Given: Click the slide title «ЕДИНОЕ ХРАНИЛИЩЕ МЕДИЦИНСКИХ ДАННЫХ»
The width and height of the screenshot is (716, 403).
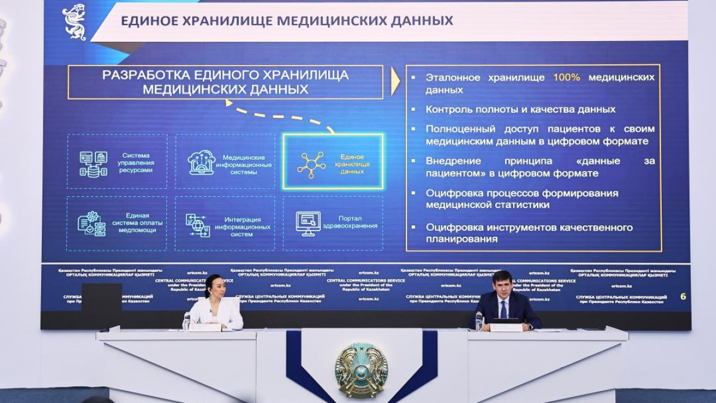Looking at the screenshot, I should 286,21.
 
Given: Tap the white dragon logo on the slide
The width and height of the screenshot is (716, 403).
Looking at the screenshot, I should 74,21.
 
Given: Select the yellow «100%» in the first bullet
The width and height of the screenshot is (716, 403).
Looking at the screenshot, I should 566,77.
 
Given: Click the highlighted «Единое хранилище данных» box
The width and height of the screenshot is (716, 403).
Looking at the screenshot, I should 332,162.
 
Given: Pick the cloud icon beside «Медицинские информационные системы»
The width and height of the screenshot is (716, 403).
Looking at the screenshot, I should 201,162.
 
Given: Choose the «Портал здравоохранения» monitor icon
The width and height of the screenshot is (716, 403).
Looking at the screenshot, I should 308,223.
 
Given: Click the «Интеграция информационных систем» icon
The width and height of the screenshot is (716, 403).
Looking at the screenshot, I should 197,225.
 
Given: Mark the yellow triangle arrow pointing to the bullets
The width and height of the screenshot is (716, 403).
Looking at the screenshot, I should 394,82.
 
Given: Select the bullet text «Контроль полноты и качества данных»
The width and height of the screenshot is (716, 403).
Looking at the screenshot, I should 520,110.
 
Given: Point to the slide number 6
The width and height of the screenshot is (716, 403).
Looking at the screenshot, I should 683,296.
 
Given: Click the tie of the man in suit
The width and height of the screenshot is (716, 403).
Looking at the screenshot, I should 503,308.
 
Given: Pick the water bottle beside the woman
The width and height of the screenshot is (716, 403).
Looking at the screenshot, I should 187,321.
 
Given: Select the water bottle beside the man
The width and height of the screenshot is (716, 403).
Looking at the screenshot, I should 478,320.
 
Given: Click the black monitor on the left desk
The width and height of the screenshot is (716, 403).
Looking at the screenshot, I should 101,305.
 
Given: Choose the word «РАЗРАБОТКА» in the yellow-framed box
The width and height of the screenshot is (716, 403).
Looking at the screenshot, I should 146,75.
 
